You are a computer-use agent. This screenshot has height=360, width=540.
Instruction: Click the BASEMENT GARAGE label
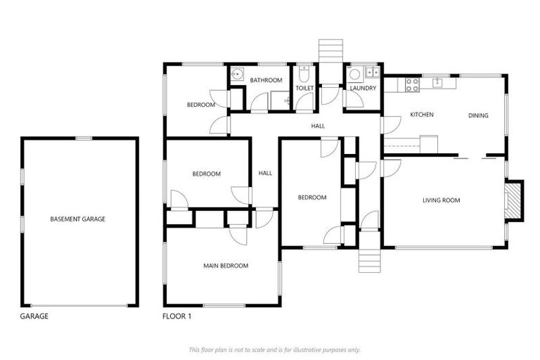coord(77,219)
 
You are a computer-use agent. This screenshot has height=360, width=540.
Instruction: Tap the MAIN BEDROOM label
coord(226,266)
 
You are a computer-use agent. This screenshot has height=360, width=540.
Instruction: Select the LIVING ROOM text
coord(441,200)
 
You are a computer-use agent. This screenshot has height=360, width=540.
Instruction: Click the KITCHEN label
coord(422,115)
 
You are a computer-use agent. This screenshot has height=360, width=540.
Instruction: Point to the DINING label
coord(478,115)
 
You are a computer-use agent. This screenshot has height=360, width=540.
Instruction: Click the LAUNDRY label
coord(363,89)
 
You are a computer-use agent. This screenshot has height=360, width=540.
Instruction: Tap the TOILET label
coord(304,89)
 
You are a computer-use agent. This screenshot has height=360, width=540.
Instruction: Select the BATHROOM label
coord(266,80)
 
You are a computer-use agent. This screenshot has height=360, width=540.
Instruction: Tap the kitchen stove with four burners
coord(411,84)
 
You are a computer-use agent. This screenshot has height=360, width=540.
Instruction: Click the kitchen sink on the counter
coord(437,82)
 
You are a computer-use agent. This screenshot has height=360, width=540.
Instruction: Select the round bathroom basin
coord(237,74)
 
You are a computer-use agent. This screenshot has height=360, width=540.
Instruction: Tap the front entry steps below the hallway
coord(369,261)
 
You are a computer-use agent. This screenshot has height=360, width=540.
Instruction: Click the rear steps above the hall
coord(329,51)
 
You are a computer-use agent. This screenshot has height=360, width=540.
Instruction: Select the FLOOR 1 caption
coord(176,316)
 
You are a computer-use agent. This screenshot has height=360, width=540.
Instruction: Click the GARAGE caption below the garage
coord(34,316)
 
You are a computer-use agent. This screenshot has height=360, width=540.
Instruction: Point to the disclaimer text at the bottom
coord(274,349)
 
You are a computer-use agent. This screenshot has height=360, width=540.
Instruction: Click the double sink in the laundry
coord(372,72)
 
